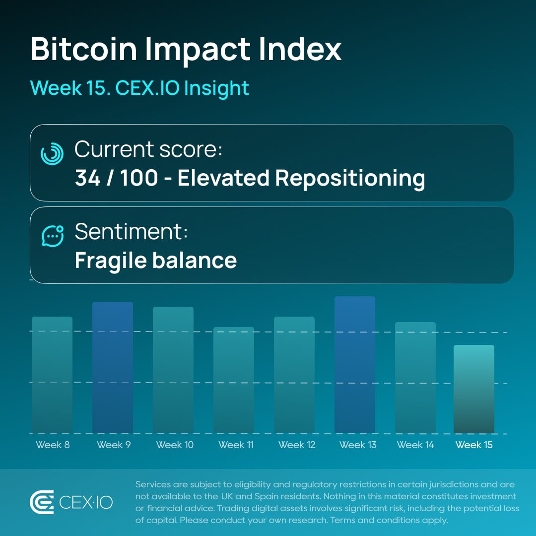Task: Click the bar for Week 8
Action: coord(52,375)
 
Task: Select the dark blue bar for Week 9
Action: coord(113,367)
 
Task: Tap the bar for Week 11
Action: coord(234,380)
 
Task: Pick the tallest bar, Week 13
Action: coord(355,365)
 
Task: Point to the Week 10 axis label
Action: coord(175,445)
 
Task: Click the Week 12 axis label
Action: coord(297,445)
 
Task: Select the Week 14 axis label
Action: coord(415,445)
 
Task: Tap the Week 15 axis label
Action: coord(474,445)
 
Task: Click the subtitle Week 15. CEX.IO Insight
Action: coord(139,88)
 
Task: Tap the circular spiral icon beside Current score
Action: coord(52,153)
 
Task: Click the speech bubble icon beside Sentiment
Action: coord(52,236)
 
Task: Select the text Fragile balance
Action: coord(155,261)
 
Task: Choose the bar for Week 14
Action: coord(415,377)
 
